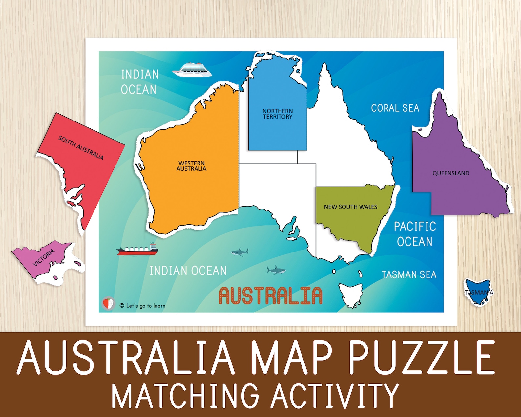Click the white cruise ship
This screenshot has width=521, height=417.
(x=192, y=70)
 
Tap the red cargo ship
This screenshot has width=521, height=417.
(x=137, y=250)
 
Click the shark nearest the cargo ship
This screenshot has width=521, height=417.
(x=240, y=252)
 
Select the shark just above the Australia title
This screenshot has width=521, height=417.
(x=276, y=270)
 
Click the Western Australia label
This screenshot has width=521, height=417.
(x=192, y=166)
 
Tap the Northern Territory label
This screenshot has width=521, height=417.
(x=278, y=114)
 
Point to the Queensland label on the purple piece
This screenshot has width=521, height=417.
(x=451, y=173)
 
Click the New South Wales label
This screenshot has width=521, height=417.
(x=350, y=207)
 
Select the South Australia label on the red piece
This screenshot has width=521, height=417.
(x=81, y=148)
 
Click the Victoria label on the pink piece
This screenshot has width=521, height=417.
(x=44, y=258)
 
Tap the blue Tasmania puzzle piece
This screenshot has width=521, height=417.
(x=479, y=292)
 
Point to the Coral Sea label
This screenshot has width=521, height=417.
(x=395, y=108)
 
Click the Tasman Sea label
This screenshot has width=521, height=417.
(x=409, y=274)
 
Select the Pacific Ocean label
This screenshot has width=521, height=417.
(x=415, y=234)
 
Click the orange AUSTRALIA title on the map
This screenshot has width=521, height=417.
(x=271, y=296)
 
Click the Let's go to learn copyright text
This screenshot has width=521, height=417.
(x=142, y=306)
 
